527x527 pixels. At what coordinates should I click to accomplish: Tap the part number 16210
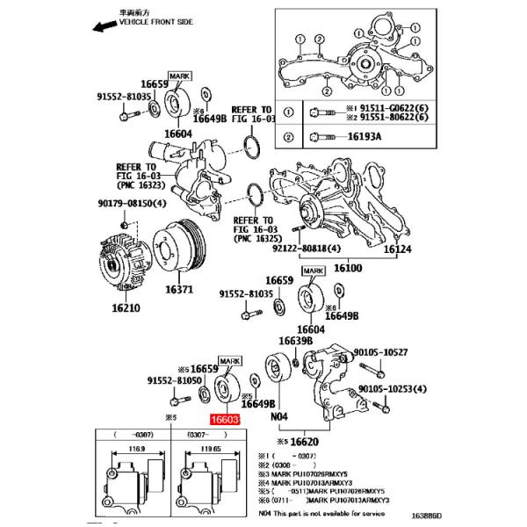(126, 307)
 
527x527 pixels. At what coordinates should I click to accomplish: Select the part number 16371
(179, 289)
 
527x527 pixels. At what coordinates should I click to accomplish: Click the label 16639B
(295, 341)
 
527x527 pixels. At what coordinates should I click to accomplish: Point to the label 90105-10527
(380, 352)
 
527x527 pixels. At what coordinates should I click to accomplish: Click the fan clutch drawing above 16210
(126, 256)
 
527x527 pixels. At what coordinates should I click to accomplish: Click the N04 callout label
(279, 416)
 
